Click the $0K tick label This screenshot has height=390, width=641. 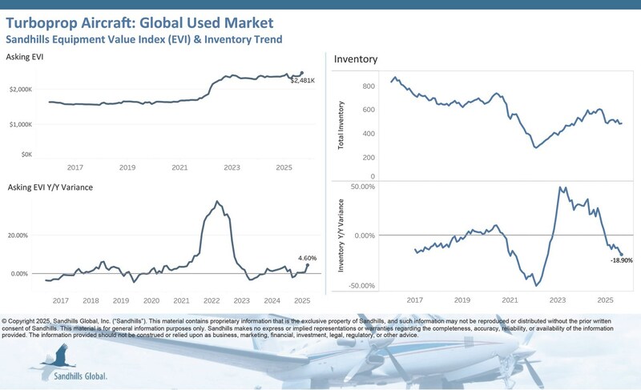pos(26,154)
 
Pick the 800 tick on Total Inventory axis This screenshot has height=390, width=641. pos(369,86)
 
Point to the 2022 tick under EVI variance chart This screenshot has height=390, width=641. pos(212,300)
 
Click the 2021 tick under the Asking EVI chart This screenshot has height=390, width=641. pos(179,168)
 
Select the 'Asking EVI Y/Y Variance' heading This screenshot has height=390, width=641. pos(49,187)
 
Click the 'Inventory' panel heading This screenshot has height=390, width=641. pos(355,59)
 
